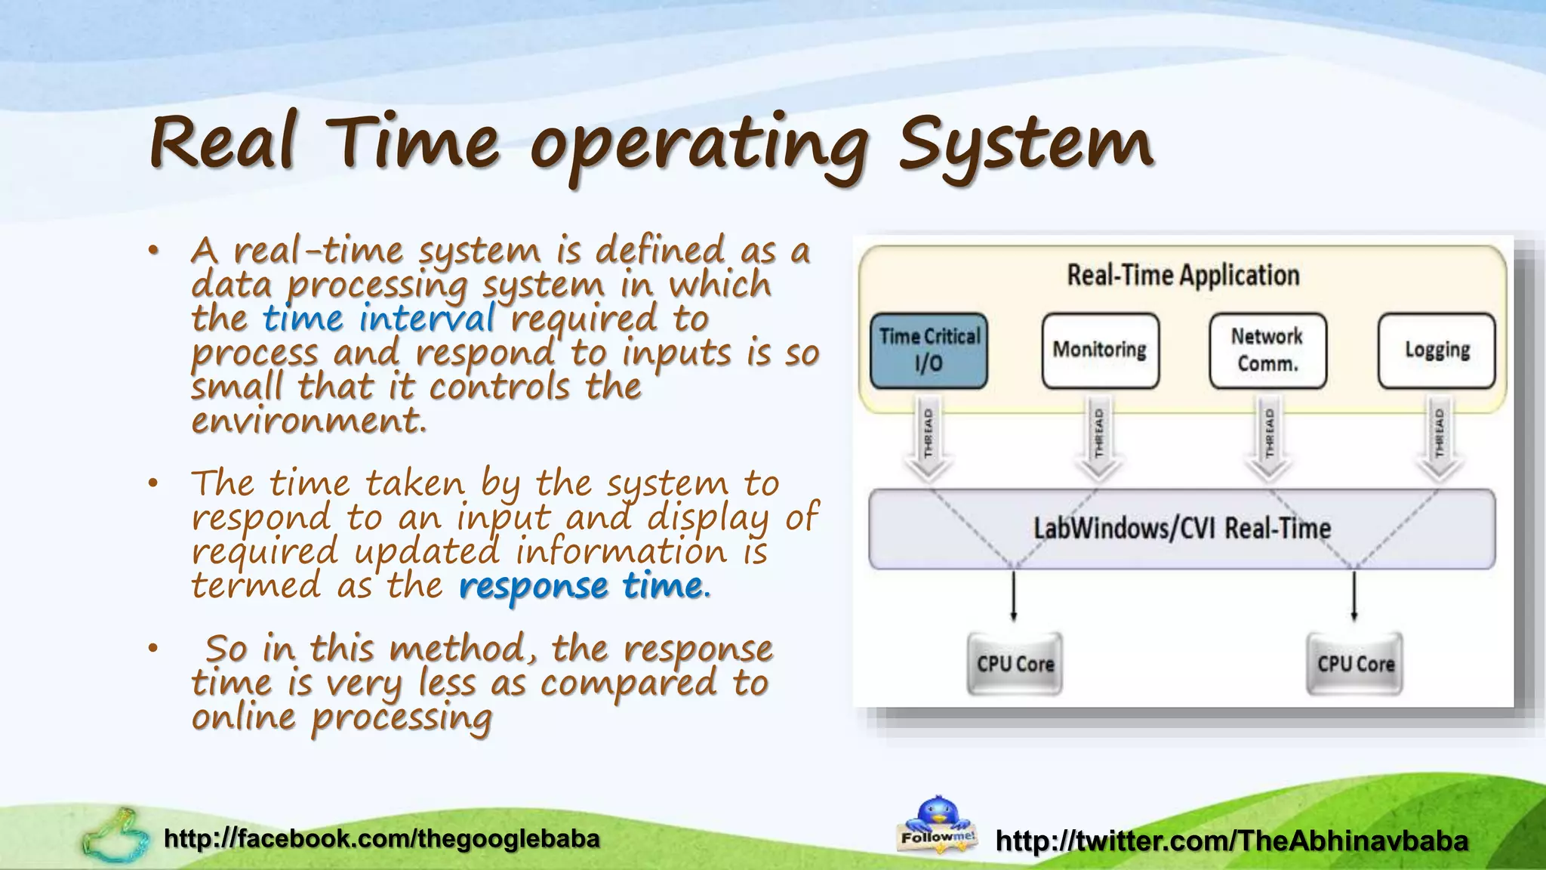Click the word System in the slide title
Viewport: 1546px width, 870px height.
1025,143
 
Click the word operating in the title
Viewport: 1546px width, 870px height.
698,147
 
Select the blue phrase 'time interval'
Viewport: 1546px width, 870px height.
379,318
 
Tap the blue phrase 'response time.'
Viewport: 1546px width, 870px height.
584,586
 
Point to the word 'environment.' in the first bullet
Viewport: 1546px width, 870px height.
309,421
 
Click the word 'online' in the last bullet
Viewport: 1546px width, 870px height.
243,717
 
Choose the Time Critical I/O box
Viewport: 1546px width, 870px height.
929,350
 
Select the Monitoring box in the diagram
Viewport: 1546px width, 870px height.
1100,350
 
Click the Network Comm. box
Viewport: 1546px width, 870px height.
1267,350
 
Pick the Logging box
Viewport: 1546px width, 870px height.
1437,350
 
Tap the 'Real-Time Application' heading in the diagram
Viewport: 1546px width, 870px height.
1183,276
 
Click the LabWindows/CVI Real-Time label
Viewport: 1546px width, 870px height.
1181,529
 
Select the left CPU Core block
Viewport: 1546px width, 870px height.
1015,664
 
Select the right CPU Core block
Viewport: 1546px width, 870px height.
1355,664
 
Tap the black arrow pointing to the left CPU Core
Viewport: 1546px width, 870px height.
1013,597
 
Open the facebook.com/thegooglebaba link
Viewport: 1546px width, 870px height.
382,838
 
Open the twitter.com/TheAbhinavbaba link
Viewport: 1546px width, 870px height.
1232,841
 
